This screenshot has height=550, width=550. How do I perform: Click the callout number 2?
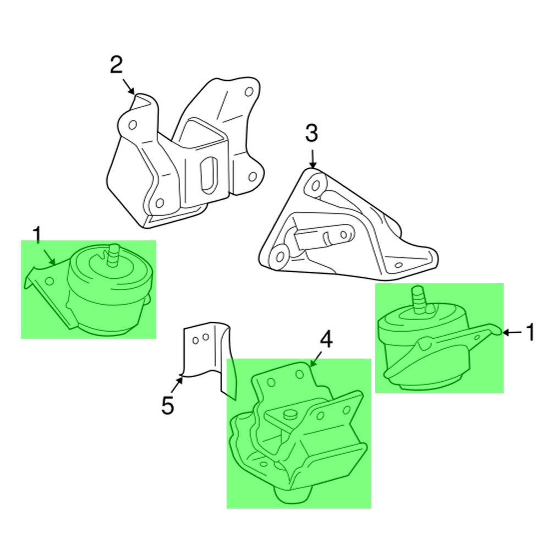(x=117, y=65)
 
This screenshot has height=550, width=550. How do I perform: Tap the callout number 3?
(x=311, y=133)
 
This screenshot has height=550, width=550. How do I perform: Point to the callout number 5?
(x=168, y=405)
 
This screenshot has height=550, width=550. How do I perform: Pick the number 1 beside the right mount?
(x=530, y=332)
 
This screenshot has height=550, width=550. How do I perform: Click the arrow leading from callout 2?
(x=128, y=86)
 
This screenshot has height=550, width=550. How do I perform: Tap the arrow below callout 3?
(x=313, y=158)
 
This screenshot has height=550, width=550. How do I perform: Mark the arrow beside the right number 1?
(x=512, y=332)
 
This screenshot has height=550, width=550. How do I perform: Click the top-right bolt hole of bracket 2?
(x=249, y=92)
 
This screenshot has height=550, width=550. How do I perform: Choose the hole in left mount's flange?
(x=50, y=281)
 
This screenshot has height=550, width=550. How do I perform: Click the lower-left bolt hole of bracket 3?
(x=280, y=256)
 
